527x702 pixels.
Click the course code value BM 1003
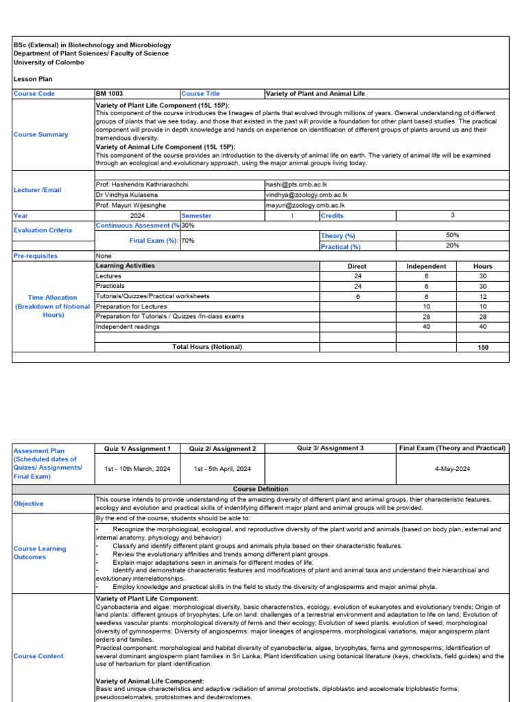pos(110,94)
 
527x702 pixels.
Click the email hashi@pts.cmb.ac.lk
pos(296,185)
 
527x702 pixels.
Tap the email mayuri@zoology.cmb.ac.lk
pos(305,205)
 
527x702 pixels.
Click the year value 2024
pos(137,215)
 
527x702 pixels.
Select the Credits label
pos(332,215)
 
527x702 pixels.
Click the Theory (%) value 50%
pos(452,235)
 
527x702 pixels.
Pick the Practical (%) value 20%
pos(452,245)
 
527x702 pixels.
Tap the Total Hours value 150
pos(483,348)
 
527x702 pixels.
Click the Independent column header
pos(426,266)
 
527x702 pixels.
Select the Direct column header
pos(357,266)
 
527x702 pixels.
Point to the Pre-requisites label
pos(36,256)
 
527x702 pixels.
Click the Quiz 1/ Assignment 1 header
pos(137,448)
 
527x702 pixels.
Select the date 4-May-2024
pos(452,468)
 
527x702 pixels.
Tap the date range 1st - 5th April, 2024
pos(222,468)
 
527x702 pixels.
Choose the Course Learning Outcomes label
pos(40,553)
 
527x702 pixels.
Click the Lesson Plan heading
pos(33,79)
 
